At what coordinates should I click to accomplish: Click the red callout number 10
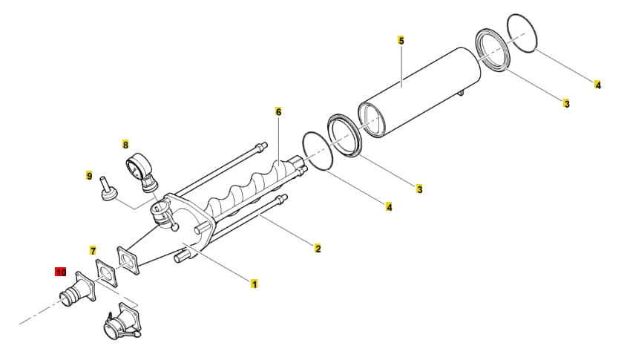click(x=60, y=272)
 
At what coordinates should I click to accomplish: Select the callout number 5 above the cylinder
click(x=401, y=40)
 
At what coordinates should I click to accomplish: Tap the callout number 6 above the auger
click(x=278, y=111)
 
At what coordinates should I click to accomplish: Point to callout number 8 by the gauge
click(x=125, y=145)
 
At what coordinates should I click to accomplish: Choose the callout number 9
click(x=89, y=176)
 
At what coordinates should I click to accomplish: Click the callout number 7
click(x=93, y=250)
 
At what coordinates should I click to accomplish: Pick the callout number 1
click(x=255, y=284)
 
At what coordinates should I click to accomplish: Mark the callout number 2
click(x=318, y=248)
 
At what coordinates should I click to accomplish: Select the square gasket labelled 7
click(x=106, y=274)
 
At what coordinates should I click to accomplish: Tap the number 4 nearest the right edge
click(x=597, y=85)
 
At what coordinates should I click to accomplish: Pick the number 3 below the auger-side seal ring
click(x=419, y=190)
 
